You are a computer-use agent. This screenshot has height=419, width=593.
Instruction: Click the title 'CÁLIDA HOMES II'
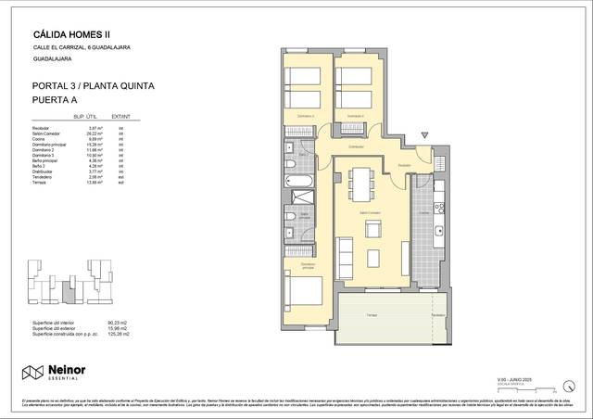click(71, 34)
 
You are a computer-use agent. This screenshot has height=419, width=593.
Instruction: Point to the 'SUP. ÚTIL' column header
click(85, 117)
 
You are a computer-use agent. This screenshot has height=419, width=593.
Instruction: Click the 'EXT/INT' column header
click(120, 117)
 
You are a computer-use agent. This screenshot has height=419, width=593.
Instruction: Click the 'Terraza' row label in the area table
click(41, 184)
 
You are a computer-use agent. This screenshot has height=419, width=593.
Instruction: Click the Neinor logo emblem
click(33, 372)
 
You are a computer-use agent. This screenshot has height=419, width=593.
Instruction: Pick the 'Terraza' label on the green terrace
click(371, 315)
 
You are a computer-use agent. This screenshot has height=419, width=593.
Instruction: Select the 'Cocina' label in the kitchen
click(423, 212)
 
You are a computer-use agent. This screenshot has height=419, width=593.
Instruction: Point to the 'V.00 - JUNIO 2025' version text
click(539, 379)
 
